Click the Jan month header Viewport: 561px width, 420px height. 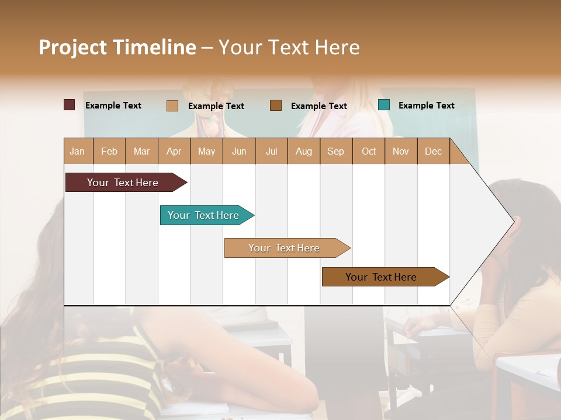pyautogui.click(x=77, y=151)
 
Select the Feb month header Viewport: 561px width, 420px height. pyautogui.click(x=109, y=151)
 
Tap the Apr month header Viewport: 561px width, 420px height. pyautogui.click(x=174, y=151)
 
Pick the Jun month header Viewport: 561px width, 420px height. pyautogui.click(x=239, y=151)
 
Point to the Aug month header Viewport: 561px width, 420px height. pyautogui.click(x=303, y=151)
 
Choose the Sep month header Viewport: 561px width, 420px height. pyautogui.click(x=335, y=151)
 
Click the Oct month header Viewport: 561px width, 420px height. pyautogui.click(x=369, y=151)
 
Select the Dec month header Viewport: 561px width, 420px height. pyautogui.click(x=433, y=151)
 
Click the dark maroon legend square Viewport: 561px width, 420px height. pyautogui.click(x=70, y=105)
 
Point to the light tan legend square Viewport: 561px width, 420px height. pyautogui.click(x=172, y=106)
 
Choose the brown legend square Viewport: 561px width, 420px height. pyautogui.click(x=276, y=105)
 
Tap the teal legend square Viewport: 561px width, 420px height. pyautogui.click(x=384, y=105)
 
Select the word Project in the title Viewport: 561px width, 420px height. pyautogui.click(x=73, y=47)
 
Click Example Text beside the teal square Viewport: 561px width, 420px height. pyautogui.click(x=426, y=106)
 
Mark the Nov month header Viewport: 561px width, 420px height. pyautogui.click(x=401, y=151)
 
